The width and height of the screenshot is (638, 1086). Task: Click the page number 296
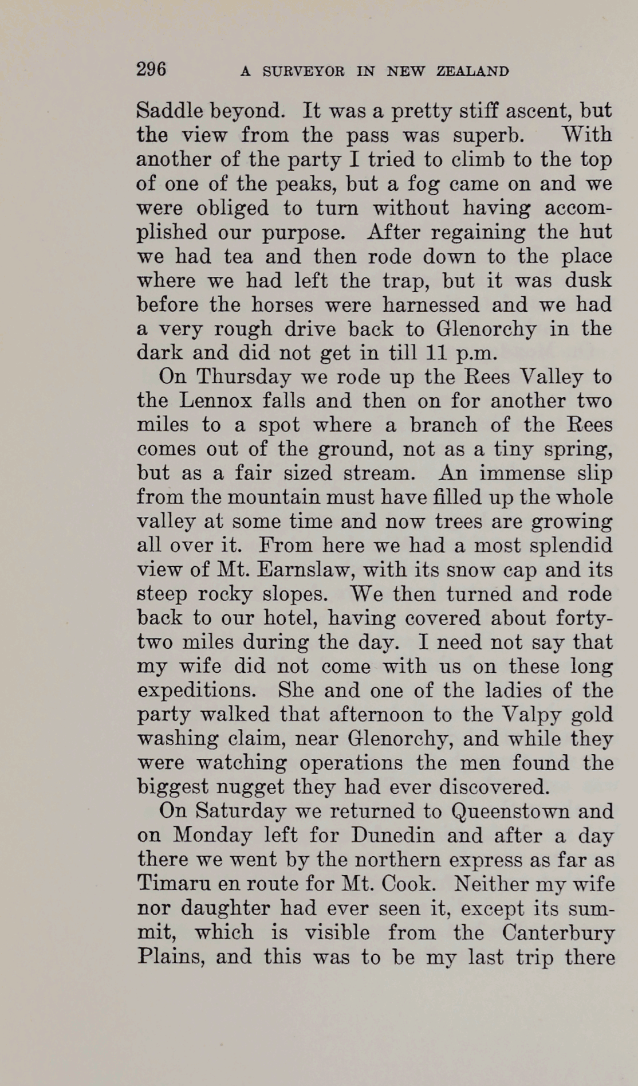[x=151, y=69]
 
